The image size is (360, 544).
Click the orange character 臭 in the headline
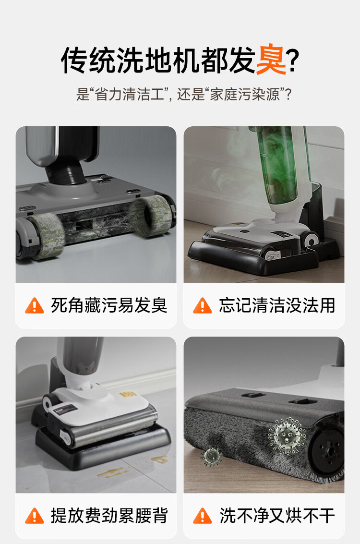(271, 60)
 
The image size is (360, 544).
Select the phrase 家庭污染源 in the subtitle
(244, 95)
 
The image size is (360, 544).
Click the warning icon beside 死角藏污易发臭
(35, 305)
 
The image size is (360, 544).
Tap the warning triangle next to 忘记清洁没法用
(202, 305)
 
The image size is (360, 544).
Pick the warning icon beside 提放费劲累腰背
(35, 516)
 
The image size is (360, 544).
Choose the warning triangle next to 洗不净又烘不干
(202, 516)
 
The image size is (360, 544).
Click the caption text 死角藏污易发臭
(109, 305)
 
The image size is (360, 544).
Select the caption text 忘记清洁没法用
(277, 305)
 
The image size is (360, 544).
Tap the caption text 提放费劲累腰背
(109, 516)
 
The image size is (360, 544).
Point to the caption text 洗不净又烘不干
(277, 516)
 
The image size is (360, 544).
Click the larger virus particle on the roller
(287, 436)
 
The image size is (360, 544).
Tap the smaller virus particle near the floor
(211, 456)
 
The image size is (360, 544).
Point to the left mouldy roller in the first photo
(47, 236)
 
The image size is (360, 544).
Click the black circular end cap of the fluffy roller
(327, 451)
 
